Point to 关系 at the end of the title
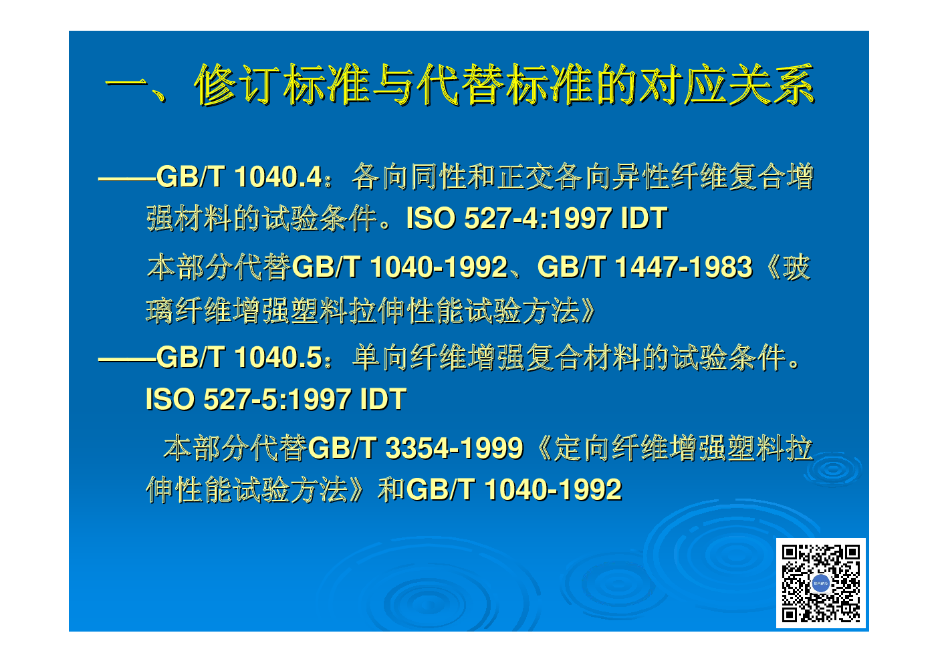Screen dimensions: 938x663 (772, 85)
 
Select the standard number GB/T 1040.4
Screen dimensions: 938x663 (239, 177)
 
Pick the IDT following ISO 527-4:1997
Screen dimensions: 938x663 (644, 218)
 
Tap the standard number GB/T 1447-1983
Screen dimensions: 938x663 (644, 267)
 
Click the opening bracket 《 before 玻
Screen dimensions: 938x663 (769, 268)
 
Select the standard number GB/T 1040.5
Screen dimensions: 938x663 (239, 358)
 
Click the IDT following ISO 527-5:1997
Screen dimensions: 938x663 (383, 399)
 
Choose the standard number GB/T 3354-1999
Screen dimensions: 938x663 (415, 448)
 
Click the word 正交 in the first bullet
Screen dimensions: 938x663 (525, 177)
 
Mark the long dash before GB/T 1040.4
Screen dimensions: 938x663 (127, 179)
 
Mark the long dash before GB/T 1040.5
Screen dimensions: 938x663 (127, 360)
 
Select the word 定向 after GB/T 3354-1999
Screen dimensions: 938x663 (582, 448)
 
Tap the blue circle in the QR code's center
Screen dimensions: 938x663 (821, 583)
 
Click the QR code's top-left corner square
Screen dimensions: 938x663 (790, 553)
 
